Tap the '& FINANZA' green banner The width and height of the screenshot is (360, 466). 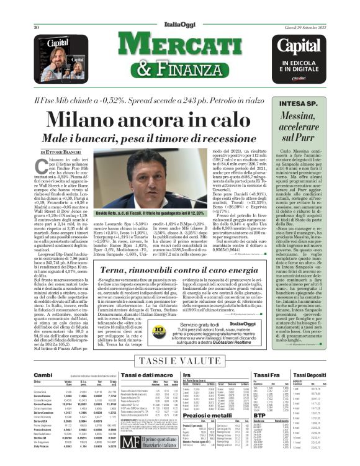[x=179, y=68]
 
